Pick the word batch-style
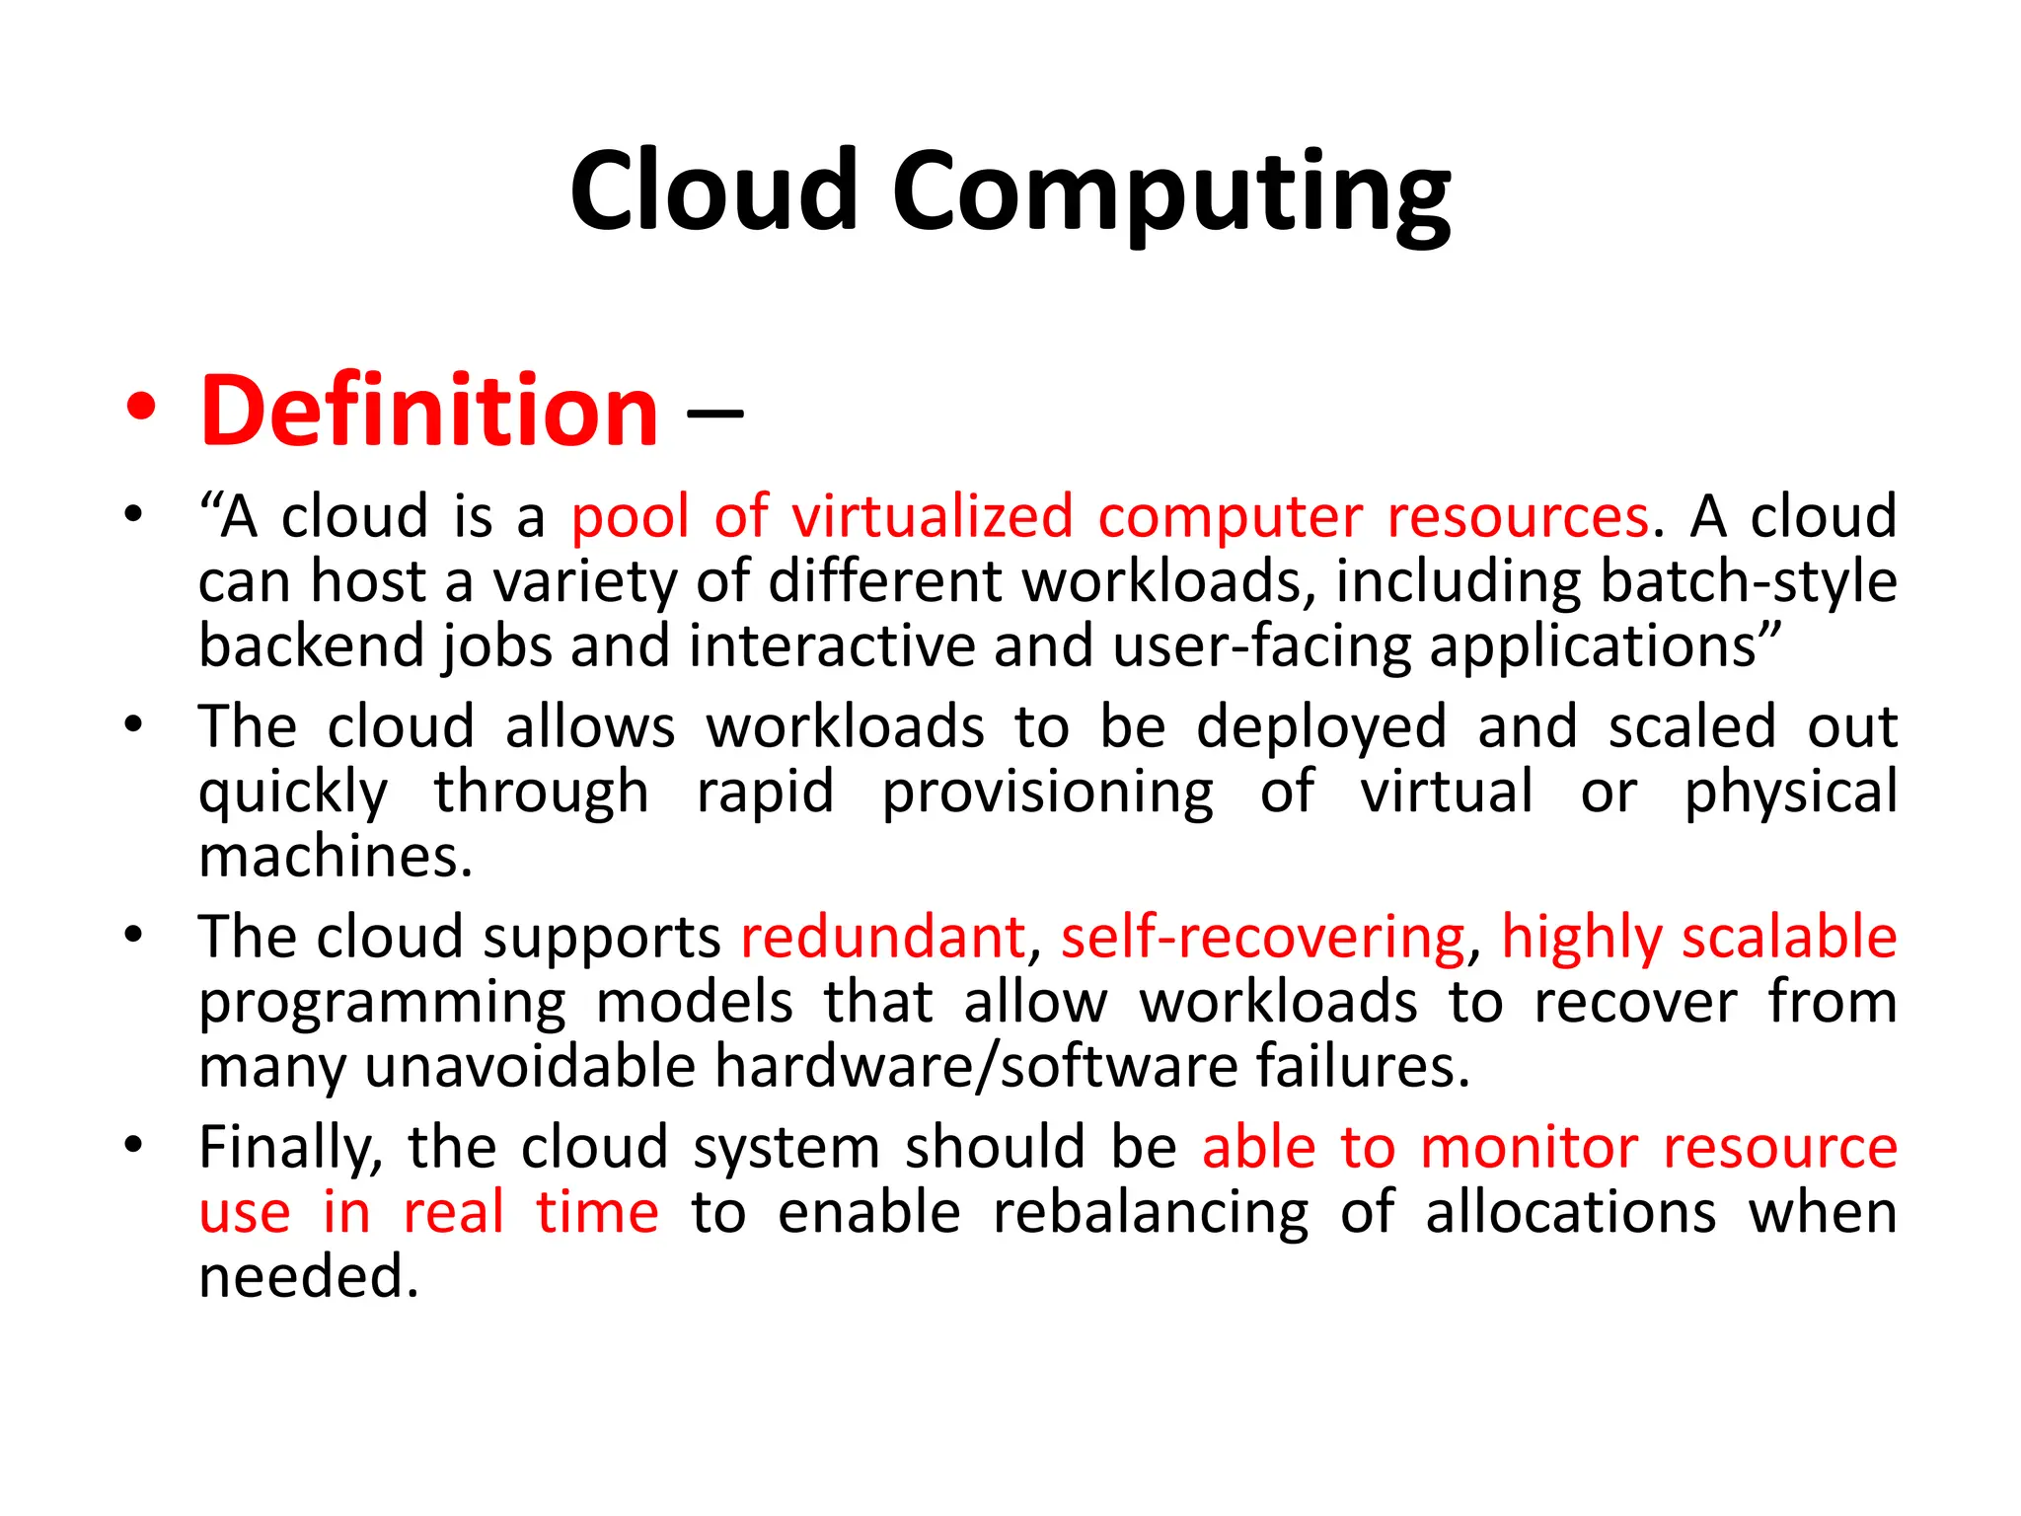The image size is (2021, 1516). point(1748,581)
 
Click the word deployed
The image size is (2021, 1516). point(1321,727)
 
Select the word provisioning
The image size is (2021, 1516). point(1047,793)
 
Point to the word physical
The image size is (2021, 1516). point(1790,793)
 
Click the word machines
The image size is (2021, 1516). point(336,856)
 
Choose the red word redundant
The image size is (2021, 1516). point(883,937)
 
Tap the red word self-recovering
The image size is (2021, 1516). point(1263,937)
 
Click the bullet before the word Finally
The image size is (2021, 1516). point(134,1145)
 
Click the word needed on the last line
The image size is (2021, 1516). point(309,1276)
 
